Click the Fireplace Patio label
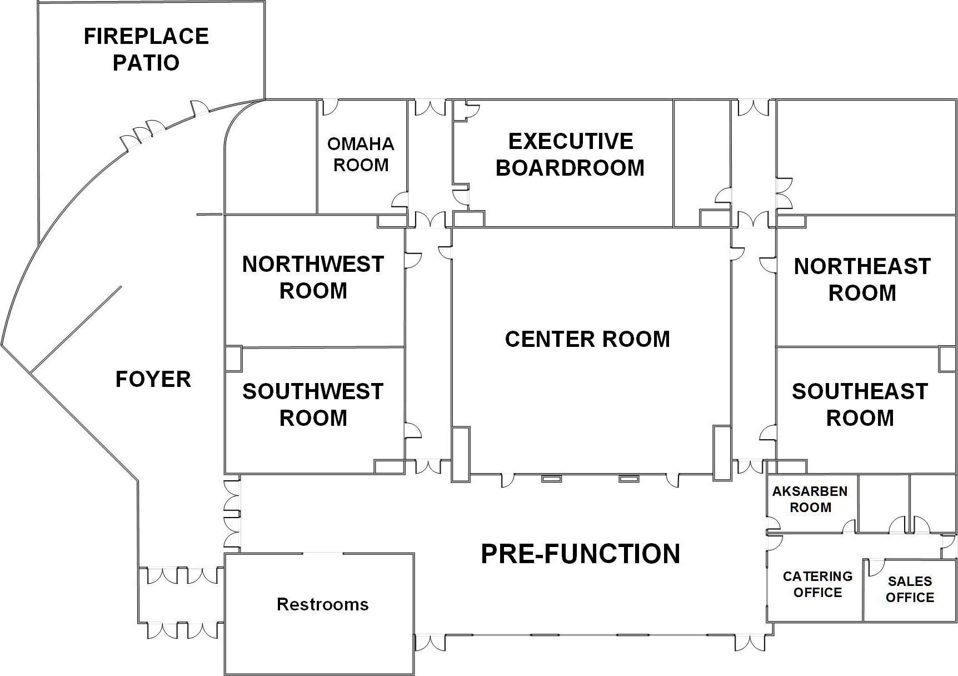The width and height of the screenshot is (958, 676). tap(146, 49)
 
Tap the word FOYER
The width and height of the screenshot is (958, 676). tap(153, 379)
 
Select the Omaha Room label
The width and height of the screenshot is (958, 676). tap(361, 154)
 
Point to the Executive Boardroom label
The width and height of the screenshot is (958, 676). tap(570, 155)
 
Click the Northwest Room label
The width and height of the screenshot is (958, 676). tap(313, 277)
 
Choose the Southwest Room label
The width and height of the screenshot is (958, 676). tap(313, 404)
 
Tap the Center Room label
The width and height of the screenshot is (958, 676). tap(587, 339)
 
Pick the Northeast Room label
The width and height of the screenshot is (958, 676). tap(862, 280)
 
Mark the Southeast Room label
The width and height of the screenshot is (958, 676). tap(860, 404)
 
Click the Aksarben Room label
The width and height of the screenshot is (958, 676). tap(810, 499)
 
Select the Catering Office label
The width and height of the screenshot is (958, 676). tap(817, 584)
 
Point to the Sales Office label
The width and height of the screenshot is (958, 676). tap(910, 589)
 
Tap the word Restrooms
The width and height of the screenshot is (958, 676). tap(322, 604)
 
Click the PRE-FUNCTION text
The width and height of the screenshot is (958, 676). tap(580, 554)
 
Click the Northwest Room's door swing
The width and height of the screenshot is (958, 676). tap(412, 260)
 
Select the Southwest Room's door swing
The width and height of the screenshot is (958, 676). tap(412, 430)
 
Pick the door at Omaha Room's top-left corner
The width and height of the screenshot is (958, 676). tap(330, 107)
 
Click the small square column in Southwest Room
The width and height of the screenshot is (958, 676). tap(233, 359)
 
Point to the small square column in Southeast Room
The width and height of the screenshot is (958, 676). tap(947, 359)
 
